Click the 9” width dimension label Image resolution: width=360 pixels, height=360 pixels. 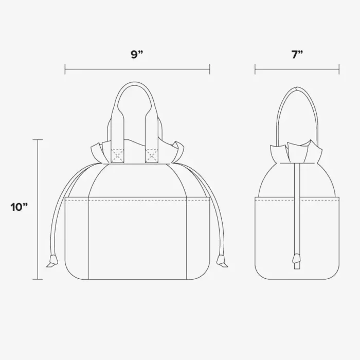[137, 55]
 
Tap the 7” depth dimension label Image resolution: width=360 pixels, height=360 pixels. [297, 55]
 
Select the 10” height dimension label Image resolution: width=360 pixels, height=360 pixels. [19, 207]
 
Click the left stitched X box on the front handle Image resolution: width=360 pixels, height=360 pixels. [118, 156]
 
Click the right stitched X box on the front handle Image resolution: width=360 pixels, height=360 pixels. [152, 156]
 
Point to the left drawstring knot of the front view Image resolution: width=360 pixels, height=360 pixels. [52, 261]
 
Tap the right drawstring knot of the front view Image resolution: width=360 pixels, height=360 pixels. [222, 261]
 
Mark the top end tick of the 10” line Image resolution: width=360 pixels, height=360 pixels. [38, 139]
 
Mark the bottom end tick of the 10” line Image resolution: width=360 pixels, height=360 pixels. [38, 279]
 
